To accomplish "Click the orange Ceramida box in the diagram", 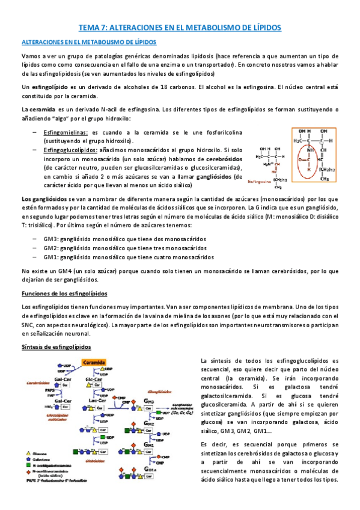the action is (x=95, y=363).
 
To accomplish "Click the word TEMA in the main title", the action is (x=91, y=28).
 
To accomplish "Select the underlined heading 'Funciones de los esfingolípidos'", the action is (x=64, y=293).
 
